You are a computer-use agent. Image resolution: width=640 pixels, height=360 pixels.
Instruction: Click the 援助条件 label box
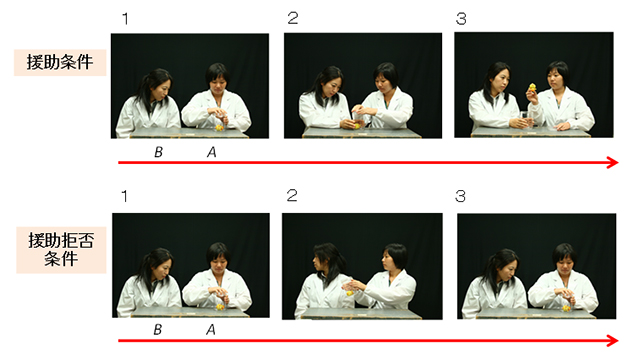60,62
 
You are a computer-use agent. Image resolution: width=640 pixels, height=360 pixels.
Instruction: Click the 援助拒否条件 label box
61,250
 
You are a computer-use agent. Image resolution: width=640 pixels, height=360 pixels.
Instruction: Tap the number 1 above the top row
125,19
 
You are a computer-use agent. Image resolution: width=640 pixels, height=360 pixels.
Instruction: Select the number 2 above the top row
293,18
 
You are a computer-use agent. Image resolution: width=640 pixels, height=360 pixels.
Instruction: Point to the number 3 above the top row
461,19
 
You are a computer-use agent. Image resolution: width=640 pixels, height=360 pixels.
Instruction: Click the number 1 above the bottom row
124,196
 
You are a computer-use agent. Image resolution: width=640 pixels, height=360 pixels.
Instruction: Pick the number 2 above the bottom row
292,196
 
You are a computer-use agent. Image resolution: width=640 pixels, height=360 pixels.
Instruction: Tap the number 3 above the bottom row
460,196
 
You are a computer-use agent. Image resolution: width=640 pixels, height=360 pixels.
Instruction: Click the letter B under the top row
158,152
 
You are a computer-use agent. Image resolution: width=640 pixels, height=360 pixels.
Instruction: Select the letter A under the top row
211,152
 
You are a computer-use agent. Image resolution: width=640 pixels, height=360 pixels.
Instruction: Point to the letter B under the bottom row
158,329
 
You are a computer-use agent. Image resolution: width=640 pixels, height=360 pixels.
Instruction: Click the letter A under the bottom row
211,329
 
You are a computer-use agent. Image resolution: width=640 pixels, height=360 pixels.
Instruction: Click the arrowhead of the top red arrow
613,162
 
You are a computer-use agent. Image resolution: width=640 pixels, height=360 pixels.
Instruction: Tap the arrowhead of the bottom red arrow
613,340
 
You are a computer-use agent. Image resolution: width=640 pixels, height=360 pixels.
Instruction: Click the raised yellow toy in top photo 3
532,87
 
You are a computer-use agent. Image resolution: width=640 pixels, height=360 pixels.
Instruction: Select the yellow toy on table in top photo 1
220,128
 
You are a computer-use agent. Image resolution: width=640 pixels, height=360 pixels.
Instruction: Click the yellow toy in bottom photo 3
566,308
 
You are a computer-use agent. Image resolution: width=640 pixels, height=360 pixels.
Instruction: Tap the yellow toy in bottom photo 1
220,307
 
